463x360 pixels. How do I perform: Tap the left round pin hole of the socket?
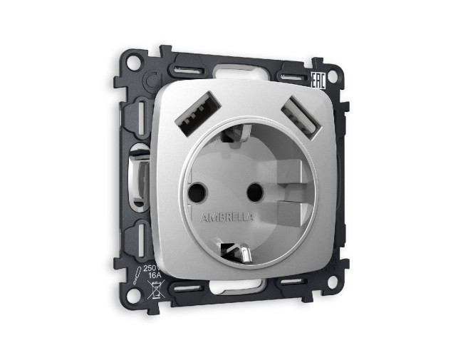click(x=197, y=191)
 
